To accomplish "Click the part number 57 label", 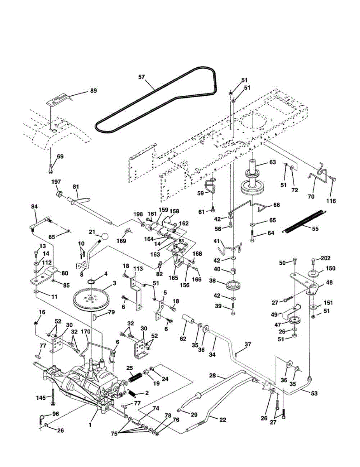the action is point(142,77).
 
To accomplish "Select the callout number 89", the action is point(93,90).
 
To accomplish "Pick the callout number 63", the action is point(272,162).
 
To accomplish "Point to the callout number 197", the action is point(56,182).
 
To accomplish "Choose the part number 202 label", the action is point(325,258).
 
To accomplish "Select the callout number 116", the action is point(331,201).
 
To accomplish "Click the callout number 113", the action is point(138,269).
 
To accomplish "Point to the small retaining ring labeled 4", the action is point(91,282).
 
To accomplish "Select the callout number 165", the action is point(173,278).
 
